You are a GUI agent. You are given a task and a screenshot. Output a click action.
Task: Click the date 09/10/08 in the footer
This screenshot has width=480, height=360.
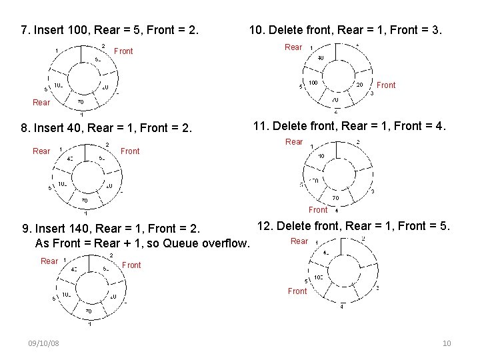click(x=43, y=343)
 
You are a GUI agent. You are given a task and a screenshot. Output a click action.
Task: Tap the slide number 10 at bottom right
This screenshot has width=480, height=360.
click(x=447, y=343)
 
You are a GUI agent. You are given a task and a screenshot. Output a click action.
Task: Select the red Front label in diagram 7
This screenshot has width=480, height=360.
click(x=123, y=51)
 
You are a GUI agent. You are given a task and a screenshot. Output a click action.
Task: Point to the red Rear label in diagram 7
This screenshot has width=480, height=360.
click(x=41, y=103)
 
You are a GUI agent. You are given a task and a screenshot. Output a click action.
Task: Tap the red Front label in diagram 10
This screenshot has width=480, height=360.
click(x=386, y=85)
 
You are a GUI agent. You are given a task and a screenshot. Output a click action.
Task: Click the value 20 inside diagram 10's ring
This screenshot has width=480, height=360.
click(x=359, y=85)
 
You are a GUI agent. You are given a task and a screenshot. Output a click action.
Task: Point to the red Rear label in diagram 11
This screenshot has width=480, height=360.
click(x=294, y=141)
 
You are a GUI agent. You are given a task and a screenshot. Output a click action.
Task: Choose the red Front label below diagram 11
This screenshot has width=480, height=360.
click(x=318, y=209)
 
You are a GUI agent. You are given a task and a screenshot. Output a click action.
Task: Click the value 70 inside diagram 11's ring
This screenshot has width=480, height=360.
click(x=335, y=198)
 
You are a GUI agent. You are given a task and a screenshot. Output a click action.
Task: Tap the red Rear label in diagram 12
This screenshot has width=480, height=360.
click(x=299, y=241)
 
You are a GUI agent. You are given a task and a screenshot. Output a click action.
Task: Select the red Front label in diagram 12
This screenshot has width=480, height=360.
click(x=297, y=291)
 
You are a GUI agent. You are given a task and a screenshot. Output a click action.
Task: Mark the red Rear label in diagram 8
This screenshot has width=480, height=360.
click(x=41, y=151)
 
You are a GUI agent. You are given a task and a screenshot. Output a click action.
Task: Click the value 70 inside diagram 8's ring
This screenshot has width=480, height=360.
click(x=84, y=200)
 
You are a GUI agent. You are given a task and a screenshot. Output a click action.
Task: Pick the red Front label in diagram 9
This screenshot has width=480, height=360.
click(x=131, y=265)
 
